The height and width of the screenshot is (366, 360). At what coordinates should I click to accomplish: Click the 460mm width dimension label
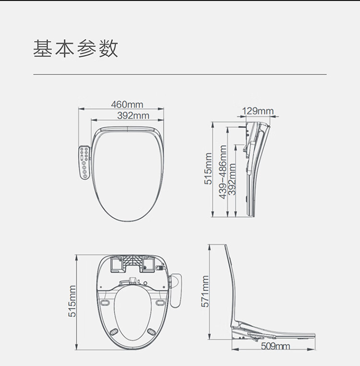click(x=127, y=104)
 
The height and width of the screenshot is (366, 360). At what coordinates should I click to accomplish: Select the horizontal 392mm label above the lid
click(x=133, y=116)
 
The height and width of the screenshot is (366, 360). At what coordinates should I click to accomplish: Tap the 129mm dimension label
click(x=257, y=111)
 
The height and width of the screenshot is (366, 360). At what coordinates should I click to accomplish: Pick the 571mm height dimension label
click(x=205, y=291)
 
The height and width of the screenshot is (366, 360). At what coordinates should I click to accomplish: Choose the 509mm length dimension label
click(x=275, y=346)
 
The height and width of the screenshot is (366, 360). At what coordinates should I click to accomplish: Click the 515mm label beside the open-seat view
click(x=72, y=301)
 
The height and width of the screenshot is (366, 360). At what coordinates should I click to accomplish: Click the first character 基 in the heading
click(x=42, y=48)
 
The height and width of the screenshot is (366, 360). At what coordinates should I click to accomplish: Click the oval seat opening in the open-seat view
click(x=133, y=312)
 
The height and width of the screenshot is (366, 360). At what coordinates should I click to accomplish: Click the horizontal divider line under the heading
click(x=180, y=74)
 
